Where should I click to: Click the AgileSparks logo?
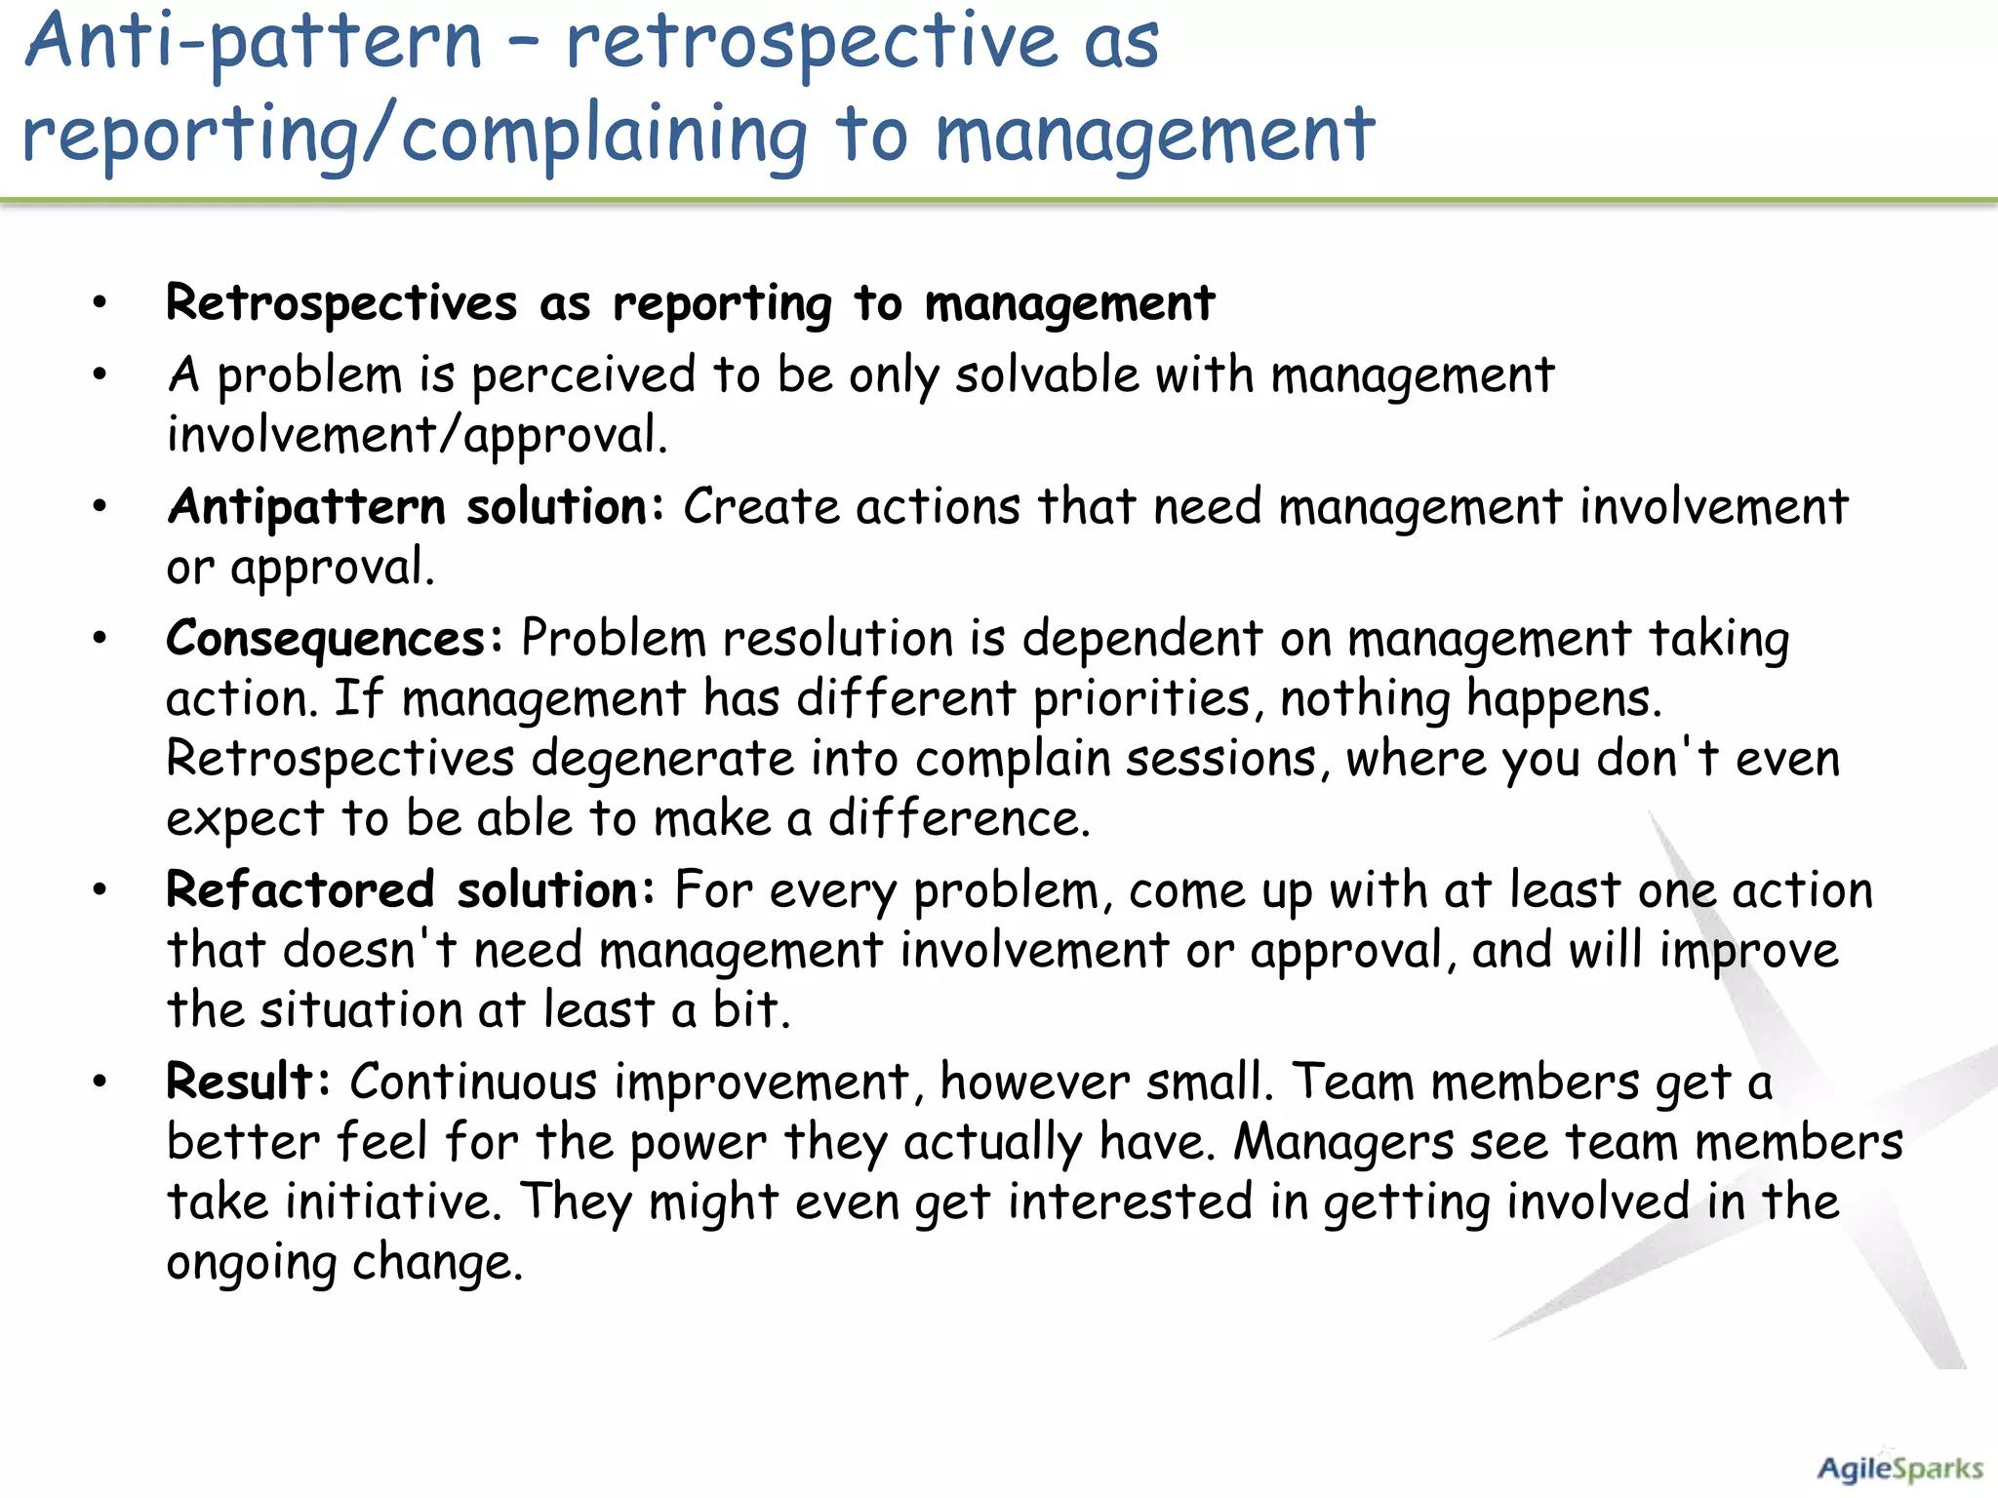(1898, 1469)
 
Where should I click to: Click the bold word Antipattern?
(306, 507)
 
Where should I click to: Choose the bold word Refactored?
(300, 889)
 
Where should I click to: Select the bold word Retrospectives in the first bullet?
(341, 302)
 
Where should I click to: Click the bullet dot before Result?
(99, 1081)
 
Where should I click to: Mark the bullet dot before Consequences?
(99, 639)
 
